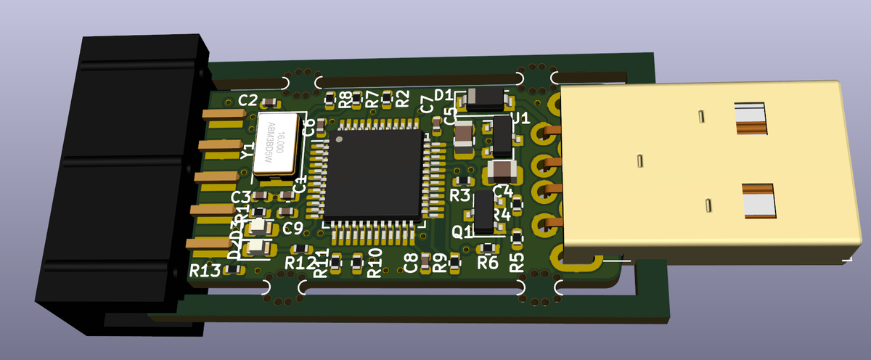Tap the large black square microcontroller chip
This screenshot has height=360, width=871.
(374, 174)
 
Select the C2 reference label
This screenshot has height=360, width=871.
(248, 99)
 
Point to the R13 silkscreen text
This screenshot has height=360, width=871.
(205, 271)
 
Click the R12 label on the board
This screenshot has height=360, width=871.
(300, 263)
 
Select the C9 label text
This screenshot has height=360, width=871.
(293, 229)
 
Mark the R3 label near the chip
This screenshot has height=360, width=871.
(459, 195)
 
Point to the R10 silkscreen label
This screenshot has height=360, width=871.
(375, 263)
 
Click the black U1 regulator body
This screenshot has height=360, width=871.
(502, 136)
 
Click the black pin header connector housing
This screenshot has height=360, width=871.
(116, 181)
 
